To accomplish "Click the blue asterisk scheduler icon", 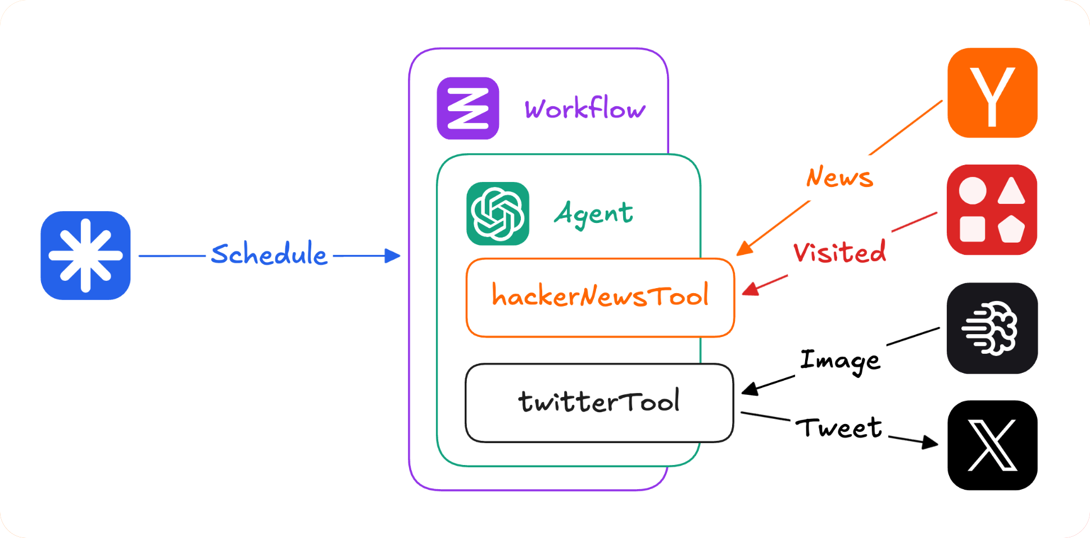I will point(85,256).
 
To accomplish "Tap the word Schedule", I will point(269,254).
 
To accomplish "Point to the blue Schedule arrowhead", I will point(393,256).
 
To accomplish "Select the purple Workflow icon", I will point(468,108).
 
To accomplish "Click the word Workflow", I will point(585,108).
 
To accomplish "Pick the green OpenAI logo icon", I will point(498,213).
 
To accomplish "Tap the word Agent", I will point(593,213).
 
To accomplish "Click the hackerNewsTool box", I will point(600,297).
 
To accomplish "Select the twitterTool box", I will point(599,402).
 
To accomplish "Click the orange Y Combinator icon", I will point(992,93).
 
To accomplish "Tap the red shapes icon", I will point(992,209).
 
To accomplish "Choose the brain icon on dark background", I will point(992,328).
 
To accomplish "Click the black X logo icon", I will point(992,445).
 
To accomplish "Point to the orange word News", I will point(839,177).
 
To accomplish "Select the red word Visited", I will point(839,252).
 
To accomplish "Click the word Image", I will point(839,361).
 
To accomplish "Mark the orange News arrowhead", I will point(743,249).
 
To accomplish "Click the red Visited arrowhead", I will point(750,290).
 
